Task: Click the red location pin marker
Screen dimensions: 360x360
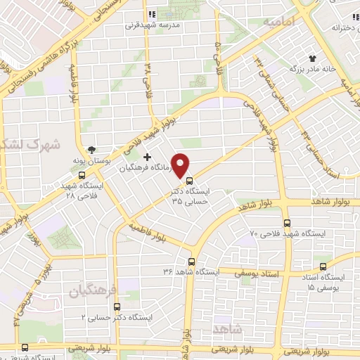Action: (181, 164)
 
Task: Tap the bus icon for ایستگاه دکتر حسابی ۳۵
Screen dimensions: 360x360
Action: (188, 180)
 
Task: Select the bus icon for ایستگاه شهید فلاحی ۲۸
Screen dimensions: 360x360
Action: (82, 175)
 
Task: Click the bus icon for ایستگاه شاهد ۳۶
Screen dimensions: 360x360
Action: (190, 260)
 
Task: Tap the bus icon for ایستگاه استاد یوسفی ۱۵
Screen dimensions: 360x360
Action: (323, 266)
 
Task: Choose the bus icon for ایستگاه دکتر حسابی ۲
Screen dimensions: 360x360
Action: (116, 307)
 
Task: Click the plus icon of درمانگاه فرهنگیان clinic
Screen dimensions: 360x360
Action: (147, 157)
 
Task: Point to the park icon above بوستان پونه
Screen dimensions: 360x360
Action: (91, 150)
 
